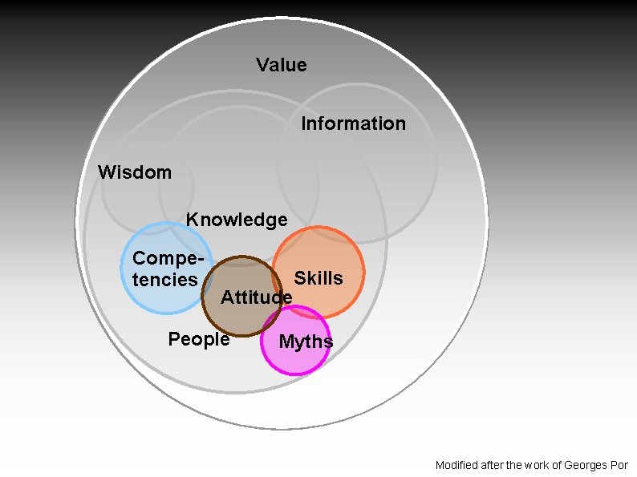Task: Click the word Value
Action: pyautogui.click(x=282, y=65)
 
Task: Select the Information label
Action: pyautogui.click(x=353, y=123)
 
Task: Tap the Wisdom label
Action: pyautogui.click(x=134, y=172)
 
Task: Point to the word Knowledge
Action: pyautogui.click(x=237, y=220)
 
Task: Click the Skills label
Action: pyautogui.click(x=318, y=278)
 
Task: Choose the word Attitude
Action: pyautogui.click(x=256, y=297)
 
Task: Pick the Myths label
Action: pyautogui.click(x=306, y=342)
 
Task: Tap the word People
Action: pyautogui.click(x=199, y=339)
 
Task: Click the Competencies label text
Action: pyautogui.click(x=165, y=269)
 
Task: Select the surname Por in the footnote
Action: pyautogui.click(x=620, y=465)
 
